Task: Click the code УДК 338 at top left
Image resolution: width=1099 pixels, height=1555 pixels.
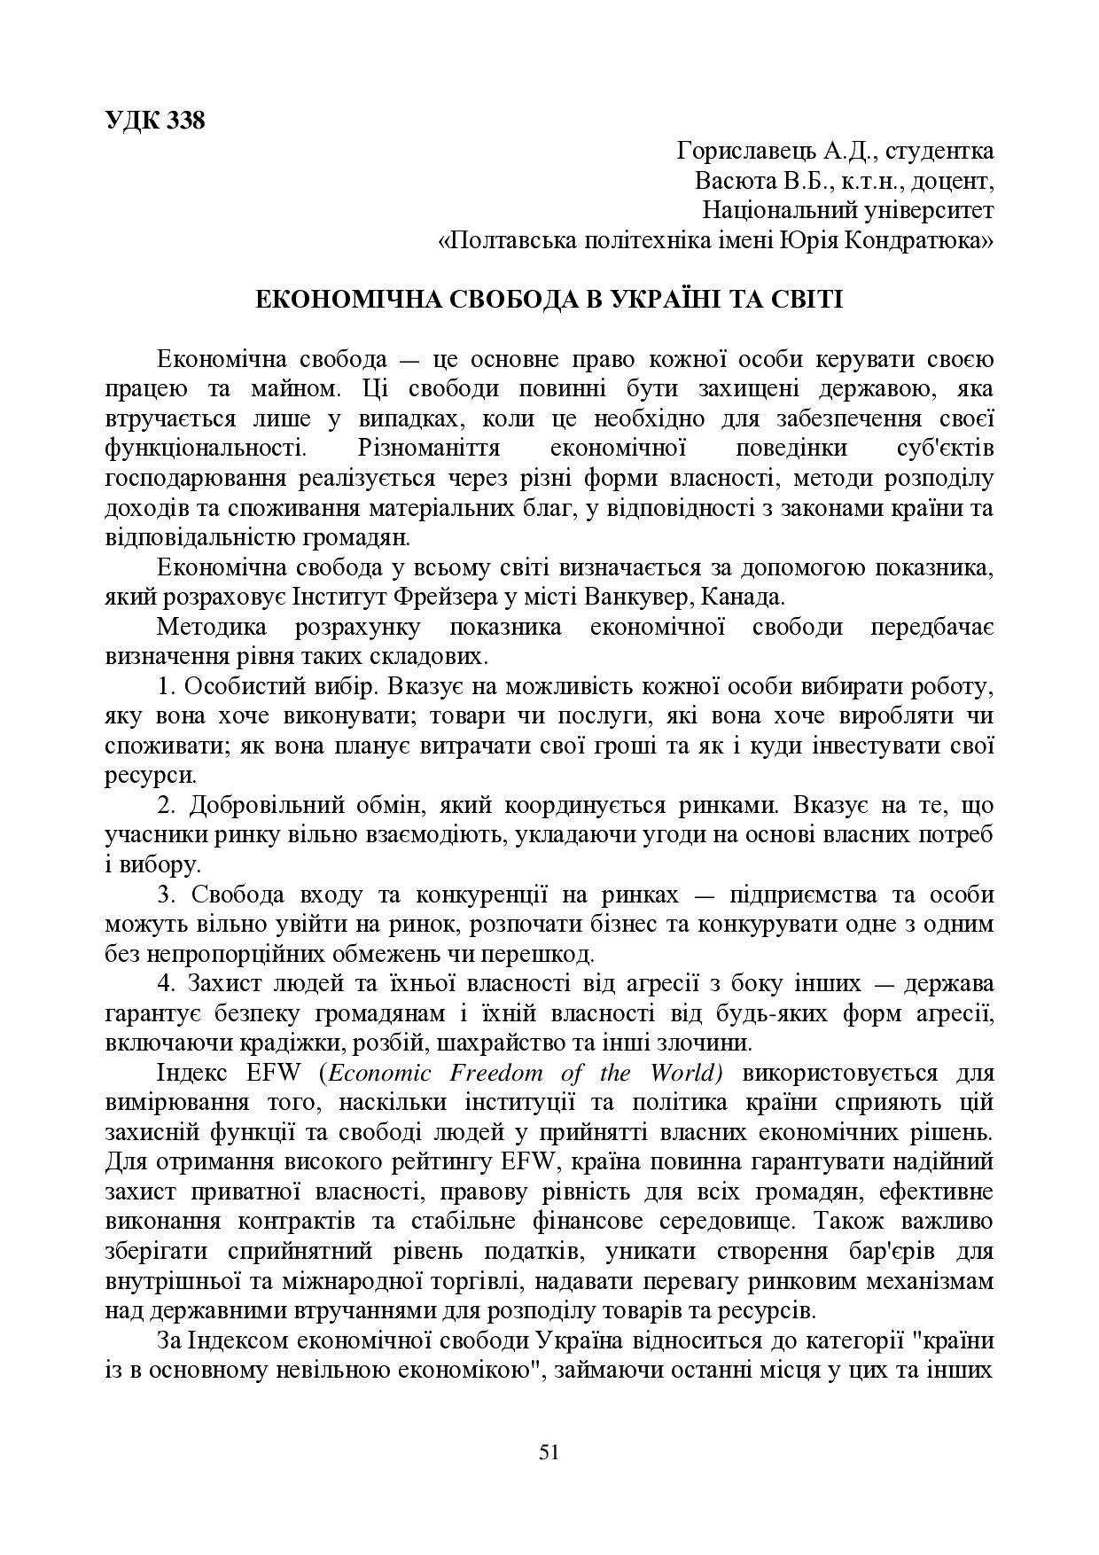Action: [x=154, y=121]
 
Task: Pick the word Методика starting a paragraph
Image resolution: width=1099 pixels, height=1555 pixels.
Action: [x=207, y=628]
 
